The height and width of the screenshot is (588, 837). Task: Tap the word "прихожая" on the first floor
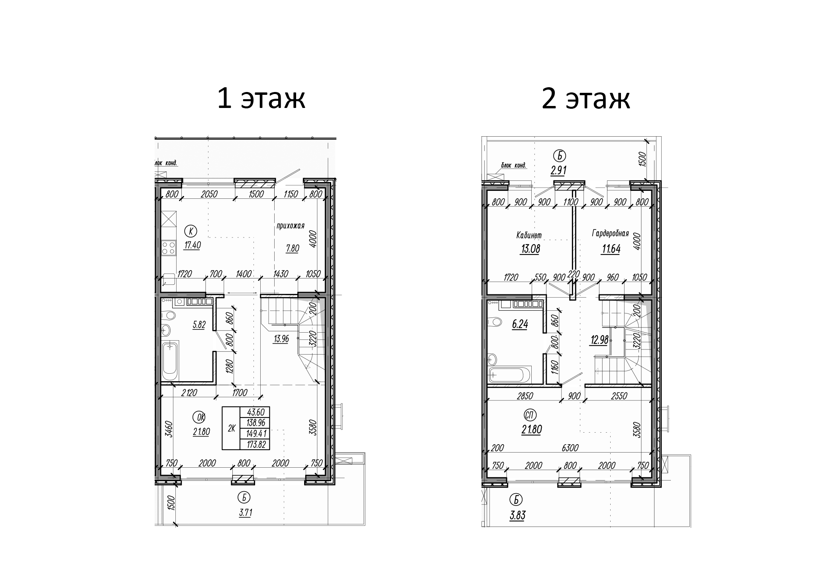pos(291,226)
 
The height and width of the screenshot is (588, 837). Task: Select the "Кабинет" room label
pos(529,235)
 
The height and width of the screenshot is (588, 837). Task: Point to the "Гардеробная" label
pos(610,233)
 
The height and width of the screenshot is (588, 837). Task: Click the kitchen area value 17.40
pos(192,245)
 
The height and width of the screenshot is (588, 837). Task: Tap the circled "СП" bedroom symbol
pos(530,415)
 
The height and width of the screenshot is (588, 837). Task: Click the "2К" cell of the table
pos(232,429)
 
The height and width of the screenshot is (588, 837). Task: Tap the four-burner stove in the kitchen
pos(169,248)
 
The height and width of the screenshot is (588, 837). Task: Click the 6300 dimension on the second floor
pos(570,448)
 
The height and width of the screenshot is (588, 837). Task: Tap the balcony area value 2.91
pos(559,171)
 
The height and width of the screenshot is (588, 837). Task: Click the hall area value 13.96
pos(281,339)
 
